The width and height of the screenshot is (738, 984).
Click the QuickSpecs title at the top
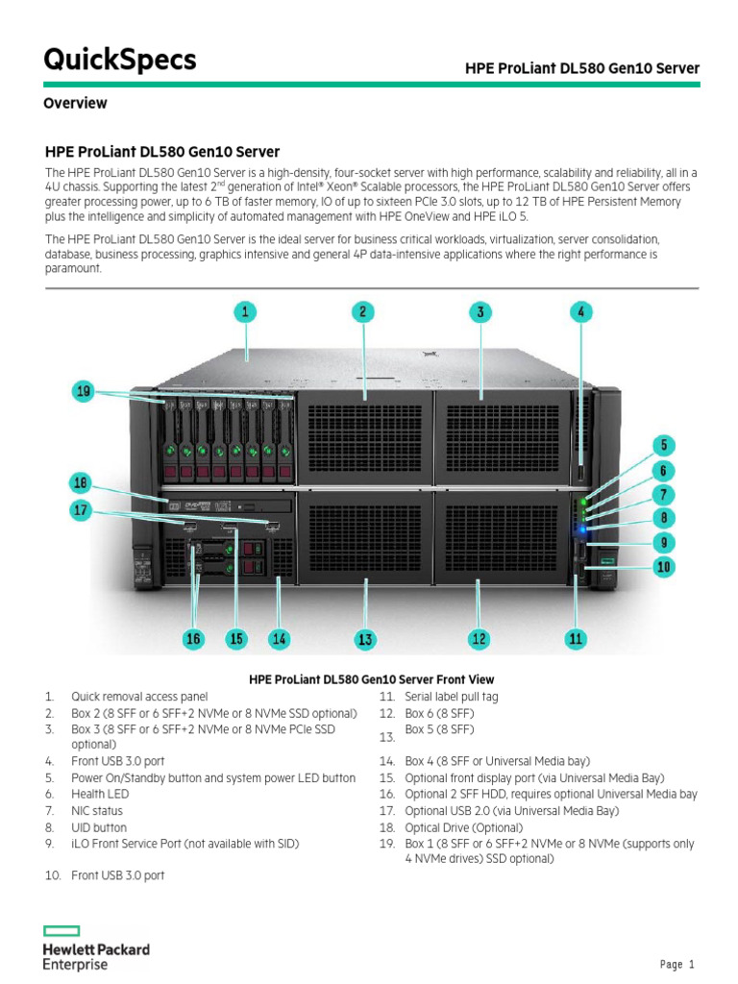(120, 61)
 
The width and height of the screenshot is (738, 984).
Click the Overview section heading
(75, 103)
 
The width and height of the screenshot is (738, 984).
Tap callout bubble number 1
(246, 311)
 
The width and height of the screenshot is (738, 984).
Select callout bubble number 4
(580, 311)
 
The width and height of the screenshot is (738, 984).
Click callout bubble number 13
(365, 638)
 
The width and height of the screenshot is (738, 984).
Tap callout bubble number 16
(193, 638)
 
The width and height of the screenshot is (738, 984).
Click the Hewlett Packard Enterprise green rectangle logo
(61, 931)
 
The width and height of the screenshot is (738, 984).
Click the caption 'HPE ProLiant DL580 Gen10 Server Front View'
(371, 679)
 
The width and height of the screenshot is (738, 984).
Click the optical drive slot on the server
(231, 505)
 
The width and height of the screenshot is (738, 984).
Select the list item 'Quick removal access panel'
(138, 697)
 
